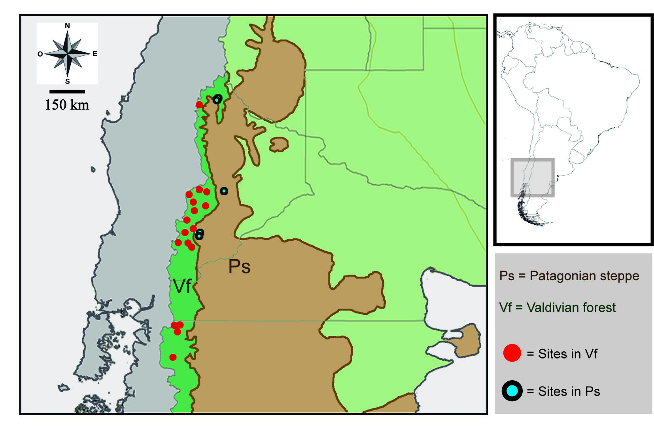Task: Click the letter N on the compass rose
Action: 67,26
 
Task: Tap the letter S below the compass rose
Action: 67,81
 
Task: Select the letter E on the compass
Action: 95,54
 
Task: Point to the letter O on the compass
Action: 40,54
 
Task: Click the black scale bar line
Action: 67,92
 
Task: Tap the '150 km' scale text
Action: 67,105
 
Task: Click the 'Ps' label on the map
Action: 239,267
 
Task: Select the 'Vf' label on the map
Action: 182,286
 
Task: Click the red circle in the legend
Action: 512,353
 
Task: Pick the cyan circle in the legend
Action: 512,391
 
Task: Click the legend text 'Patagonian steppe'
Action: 584,276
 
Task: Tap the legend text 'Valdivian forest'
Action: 571,307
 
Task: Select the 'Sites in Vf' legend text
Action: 567,354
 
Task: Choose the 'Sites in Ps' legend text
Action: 569,391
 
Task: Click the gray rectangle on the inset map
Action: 532,178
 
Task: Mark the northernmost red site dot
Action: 199,104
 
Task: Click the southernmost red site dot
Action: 173,357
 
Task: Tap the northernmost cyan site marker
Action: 217,99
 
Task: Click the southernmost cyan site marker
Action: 199,235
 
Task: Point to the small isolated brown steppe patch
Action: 279,144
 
